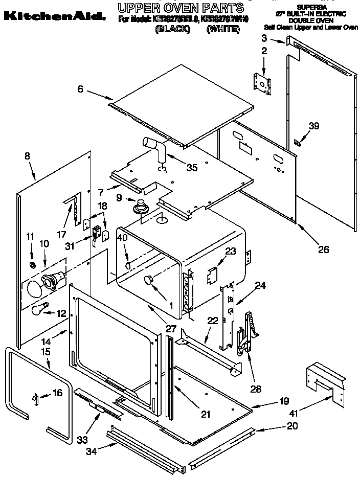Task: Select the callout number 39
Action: tap(313, 125)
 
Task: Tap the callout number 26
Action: tap(323, 249)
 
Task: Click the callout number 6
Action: tap(80, 89)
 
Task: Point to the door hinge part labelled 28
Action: tap(246, 333)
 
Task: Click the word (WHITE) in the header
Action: tap(223, 30)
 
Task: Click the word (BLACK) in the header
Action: tap(172, 30)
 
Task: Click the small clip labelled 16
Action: tap(36, 398)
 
